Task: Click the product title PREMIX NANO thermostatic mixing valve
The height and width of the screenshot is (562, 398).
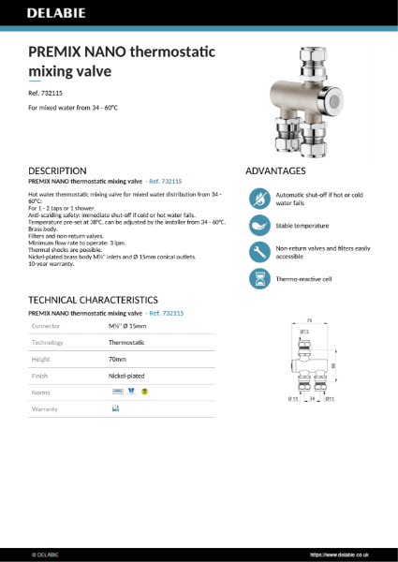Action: [122, 61]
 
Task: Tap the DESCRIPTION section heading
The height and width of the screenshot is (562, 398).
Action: [58, 171]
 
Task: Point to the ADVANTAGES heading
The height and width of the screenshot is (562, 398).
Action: [275, 171]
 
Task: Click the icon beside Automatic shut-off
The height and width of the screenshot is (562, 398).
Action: [258, 198]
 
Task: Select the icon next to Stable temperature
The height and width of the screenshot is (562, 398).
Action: [258, 225]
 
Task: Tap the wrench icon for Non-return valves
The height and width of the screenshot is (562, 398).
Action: [258, 252]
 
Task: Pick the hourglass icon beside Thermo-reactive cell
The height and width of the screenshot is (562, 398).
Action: [258, 278]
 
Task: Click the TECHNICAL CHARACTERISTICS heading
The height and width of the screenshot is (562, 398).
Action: [93, 300]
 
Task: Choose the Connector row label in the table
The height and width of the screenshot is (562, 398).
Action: [46, 326]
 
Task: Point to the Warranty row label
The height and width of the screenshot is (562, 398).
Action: [45, 408]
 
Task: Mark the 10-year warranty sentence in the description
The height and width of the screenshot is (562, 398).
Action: [52, 264]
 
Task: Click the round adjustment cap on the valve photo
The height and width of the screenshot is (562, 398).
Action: [334, 100]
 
